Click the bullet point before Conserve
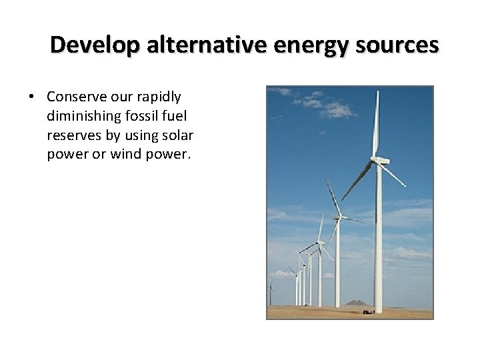tap(32, 97)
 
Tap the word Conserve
tap(76, 97)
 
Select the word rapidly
tap(157, 97)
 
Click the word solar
tap(177, 135)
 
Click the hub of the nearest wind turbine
tap(377, 161)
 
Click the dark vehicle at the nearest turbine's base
tap(367, 311)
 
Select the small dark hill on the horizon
tap(358, 303)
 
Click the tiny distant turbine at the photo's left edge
tap(270, 287)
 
